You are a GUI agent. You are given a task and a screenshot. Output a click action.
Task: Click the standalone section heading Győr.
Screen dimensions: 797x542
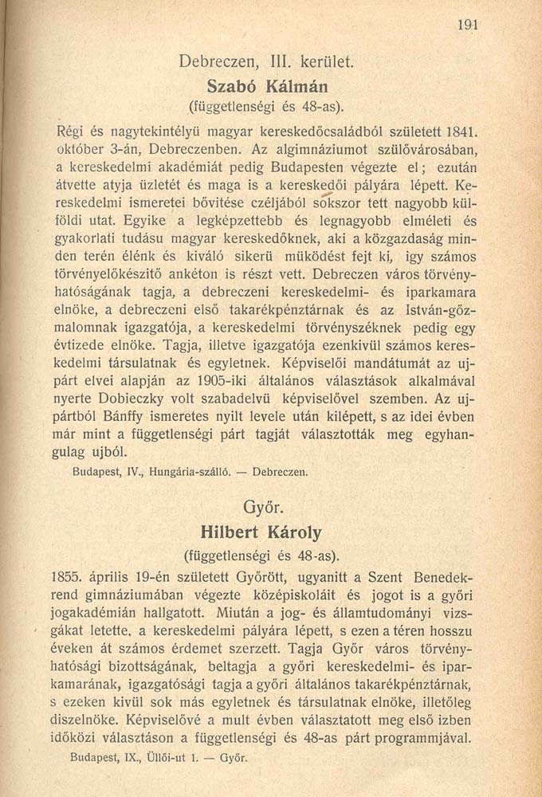[266, 507]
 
